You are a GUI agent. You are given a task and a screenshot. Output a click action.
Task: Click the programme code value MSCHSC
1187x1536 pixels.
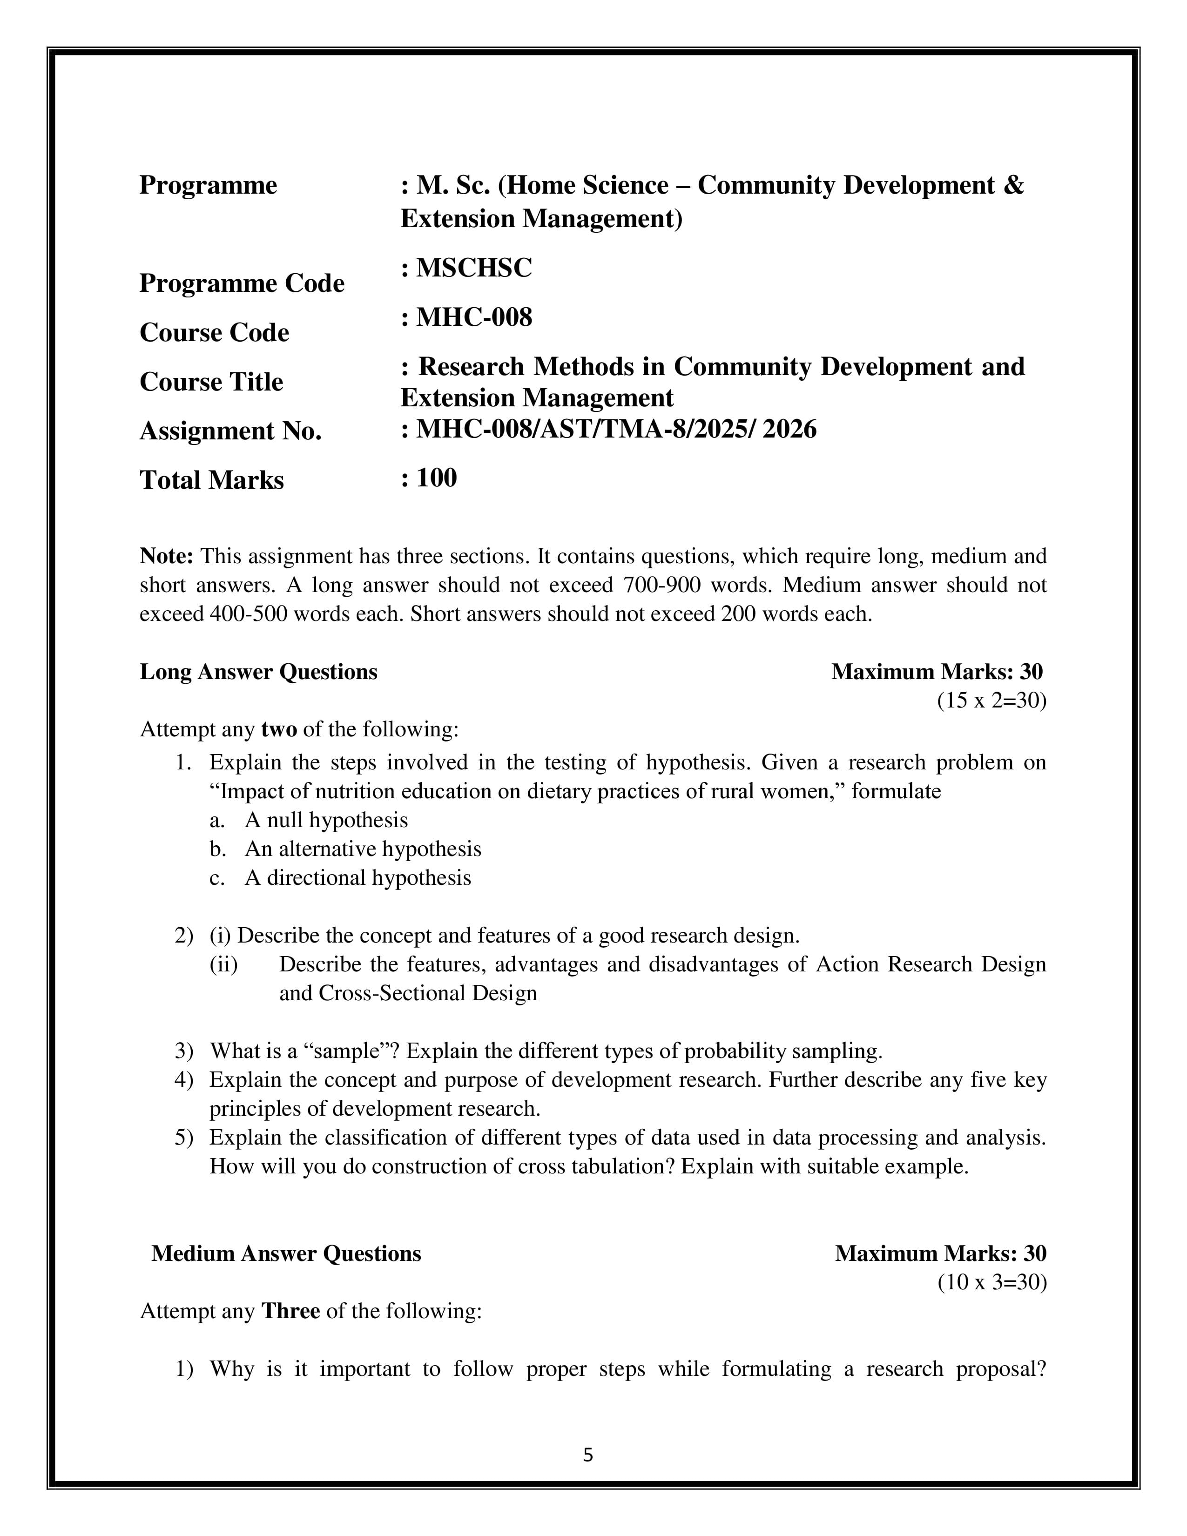coord(473,268)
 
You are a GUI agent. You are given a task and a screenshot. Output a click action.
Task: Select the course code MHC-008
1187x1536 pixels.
coord(473,317)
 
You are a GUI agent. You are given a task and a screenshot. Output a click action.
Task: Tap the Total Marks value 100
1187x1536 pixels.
coord(436,478)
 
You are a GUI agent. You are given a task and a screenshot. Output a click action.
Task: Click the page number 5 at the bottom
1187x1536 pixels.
coord(588,1455)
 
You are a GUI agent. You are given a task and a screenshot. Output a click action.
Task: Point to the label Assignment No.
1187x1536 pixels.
coord(230,431)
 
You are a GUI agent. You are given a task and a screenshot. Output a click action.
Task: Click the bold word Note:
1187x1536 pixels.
coord(167,556)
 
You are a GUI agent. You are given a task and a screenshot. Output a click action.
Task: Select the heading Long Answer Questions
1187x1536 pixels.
coord(258,672)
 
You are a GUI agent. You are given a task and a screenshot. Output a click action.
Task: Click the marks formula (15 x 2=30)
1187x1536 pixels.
coord(991,701)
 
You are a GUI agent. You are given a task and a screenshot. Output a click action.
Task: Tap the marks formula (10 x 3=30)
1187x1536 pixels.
coord(991,1282)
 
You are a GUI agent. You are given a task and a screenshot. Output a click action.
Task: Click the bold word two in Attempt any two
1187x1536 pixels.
coord(278,729)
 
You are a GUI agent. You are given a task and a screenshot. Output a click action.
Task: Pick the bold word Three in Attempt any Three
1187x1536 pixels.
coord(290,1311)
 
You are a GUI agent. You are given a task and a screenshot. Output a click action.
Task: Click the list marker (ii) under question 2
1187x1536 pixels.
coord(223,964)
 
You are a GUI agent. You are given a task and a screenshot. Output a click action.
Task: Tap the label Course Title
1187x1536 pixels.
coord(211,381)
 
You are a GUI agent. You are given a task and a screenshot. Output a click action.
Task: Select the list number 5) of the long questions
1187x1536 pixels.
coord(183,1137)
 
